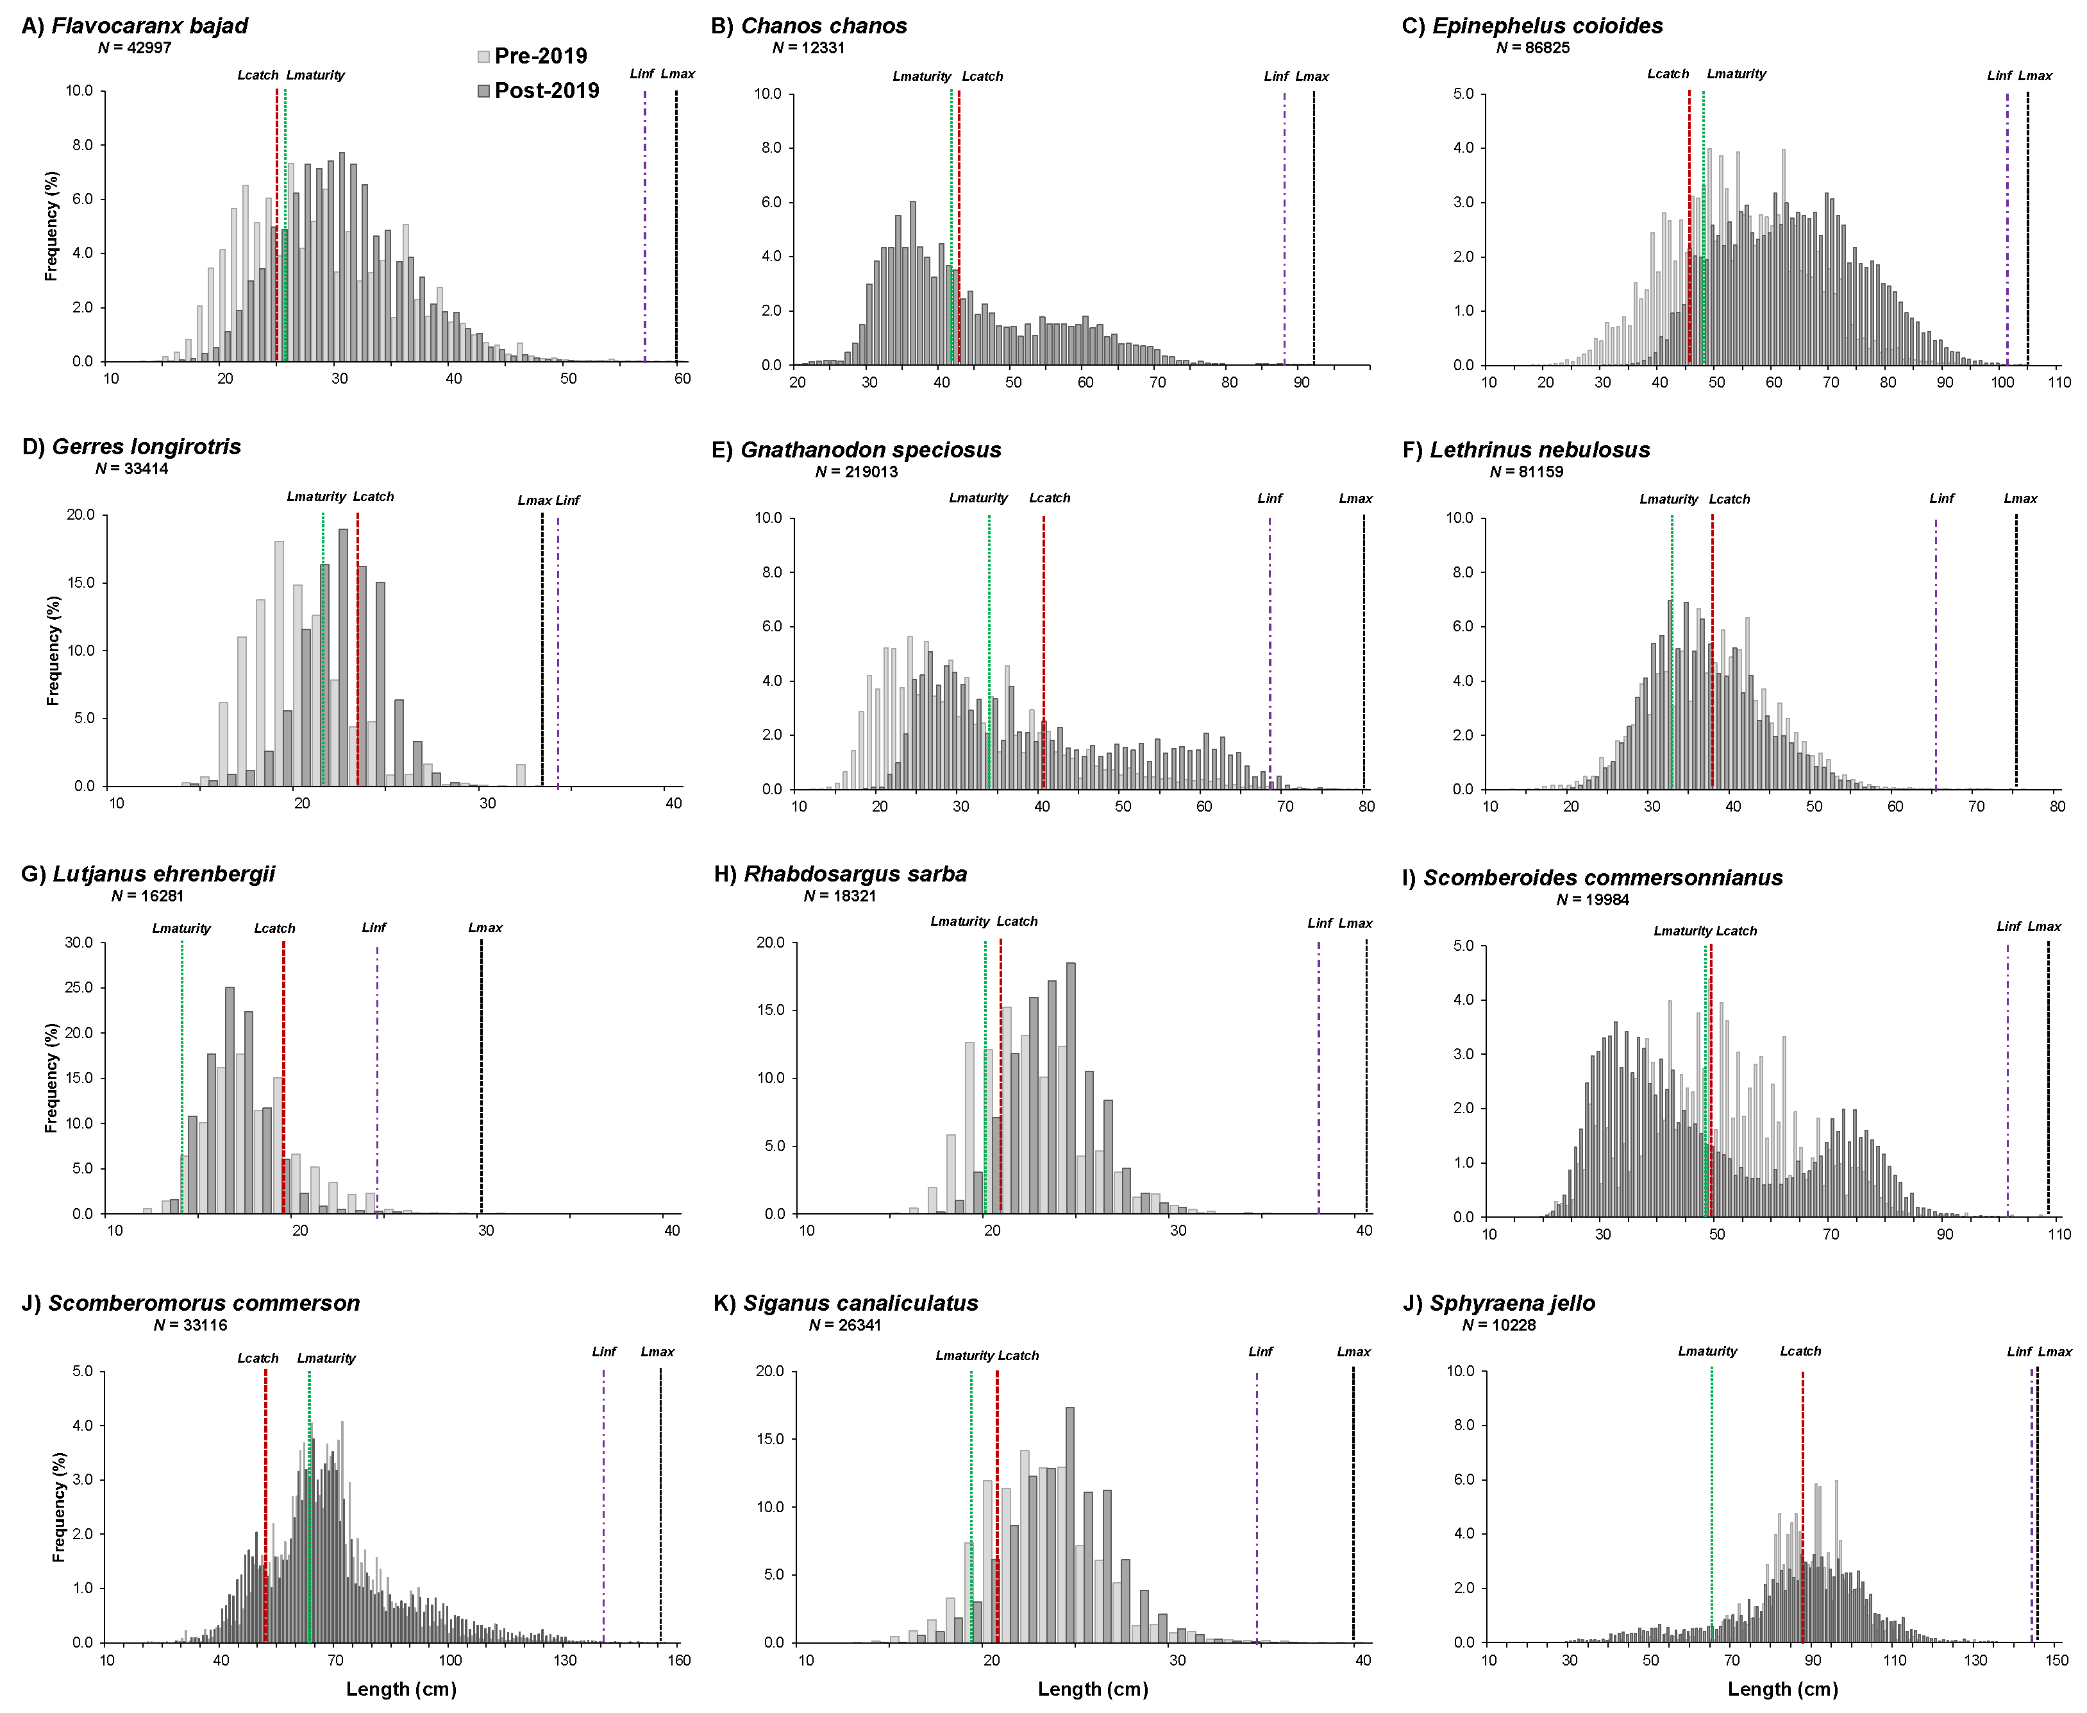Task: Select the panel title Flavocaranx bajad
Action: pyautogui.click(x=149, y=26)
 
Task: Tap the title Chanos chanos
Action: pyautogui.click(x=823, y=26)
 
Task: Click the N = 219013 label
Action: pyautogui.click(x=856, y=472)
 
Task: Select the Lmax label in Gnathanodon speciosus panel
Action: pyautogui.click(x=1355, y=499)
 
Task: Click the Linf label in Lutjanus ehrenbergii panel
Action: pyautogui.click(x=374, y=928)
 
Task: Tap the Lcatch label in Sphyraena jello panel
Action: pyautogui.click(x=1800, y=1351)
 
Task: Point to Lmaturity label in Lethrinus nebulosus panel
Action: pyautogui.click(x=1669, y=499)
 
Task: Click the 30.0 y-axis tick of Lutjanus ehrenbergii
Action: pyautogui.click(x=79, y=942)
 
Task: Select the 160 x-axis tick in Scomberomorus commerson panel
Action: pyautogui.click(x=678, y=1660)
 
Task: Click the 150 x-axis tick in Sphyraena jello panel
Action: pyautogui.click(x=2056, y=1660)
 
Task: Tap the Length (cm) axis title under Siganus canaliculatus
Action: pyautogui.click(x=1093, y=1689)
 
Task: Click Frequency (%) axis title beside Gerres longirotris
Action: pyautogui.click(x=53, y=651)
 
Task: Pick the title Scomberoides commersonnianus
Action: pyautogui.click(x=1602, y=878)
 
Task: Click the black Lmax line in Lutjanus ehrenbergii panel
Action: pyautogui.click(x=482, y=1075)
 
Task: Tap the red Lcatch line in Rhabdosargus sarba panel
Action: pyautogui.click(x=1000, y=1075)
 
